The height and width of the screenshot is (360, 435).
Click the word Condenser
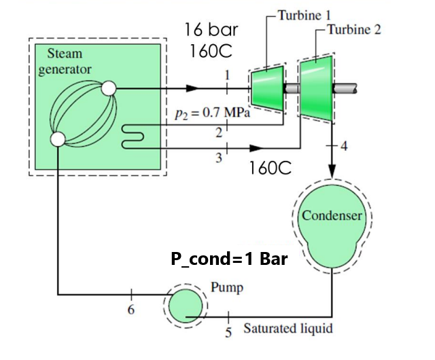(332, 216)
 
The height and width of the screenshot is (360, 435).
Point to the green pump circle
(186, 306)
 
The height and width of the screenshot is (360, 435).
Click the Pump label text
(227, 287)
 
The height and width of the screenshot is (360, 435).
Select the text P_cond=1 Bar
(229, 260)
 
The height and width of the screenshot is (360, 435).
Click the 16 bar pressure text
(210, 31)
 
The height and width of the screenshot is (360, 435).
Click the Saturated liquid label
(288, 329)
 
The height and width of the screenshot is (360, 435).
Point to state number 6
(131, 310)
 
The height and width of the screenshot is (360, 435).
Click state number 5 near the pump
(228, 332)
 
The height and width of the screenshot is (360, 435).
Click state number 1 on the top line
(227, 75)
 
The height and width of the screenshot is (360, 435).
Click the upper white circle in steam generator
(109, 88)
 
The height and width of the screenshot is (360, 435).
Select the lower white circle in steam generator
(58, 139)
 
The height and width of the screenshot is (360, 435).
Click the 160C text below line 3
(270, 168)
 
